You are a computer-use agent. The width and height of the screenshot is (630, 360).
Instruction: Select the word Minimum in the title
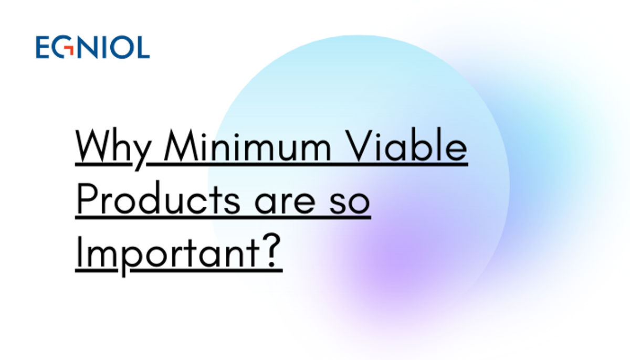pos(247,145)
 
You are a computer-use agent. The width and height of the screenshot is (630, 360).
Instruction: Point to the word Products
pos(159,198)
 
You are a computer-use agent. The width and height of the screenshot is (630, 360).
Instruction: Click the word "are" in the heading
pos(285,203)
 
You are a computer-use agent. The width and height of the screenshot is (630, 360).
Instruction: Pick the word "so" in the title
pos(349,203)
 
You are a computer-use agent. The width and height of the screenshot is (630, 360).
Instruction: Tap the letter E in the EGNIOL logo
pos(43,47)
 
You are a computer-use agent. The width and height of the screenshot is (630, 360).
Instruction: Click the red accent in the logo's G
pos(69,50)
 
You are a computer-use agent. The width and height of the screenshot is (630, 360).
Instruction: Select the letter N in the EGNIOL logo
pos(87,47)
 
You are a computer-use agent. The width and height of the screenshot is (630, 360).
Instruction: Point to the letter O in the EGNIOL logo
pos(121,47)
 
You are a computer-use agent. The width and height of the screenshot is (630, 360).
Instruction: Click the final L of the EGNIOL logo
pos(143,47)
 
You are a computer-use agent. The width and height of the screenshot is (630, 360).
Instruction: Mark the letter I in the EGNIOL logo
pos(103,47)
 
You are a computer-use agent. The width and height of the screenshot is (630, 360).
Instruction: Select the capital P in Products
pos(88,198)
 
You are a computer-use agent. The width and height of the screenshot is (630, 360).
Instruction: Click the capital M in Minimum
pos(182,145)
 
